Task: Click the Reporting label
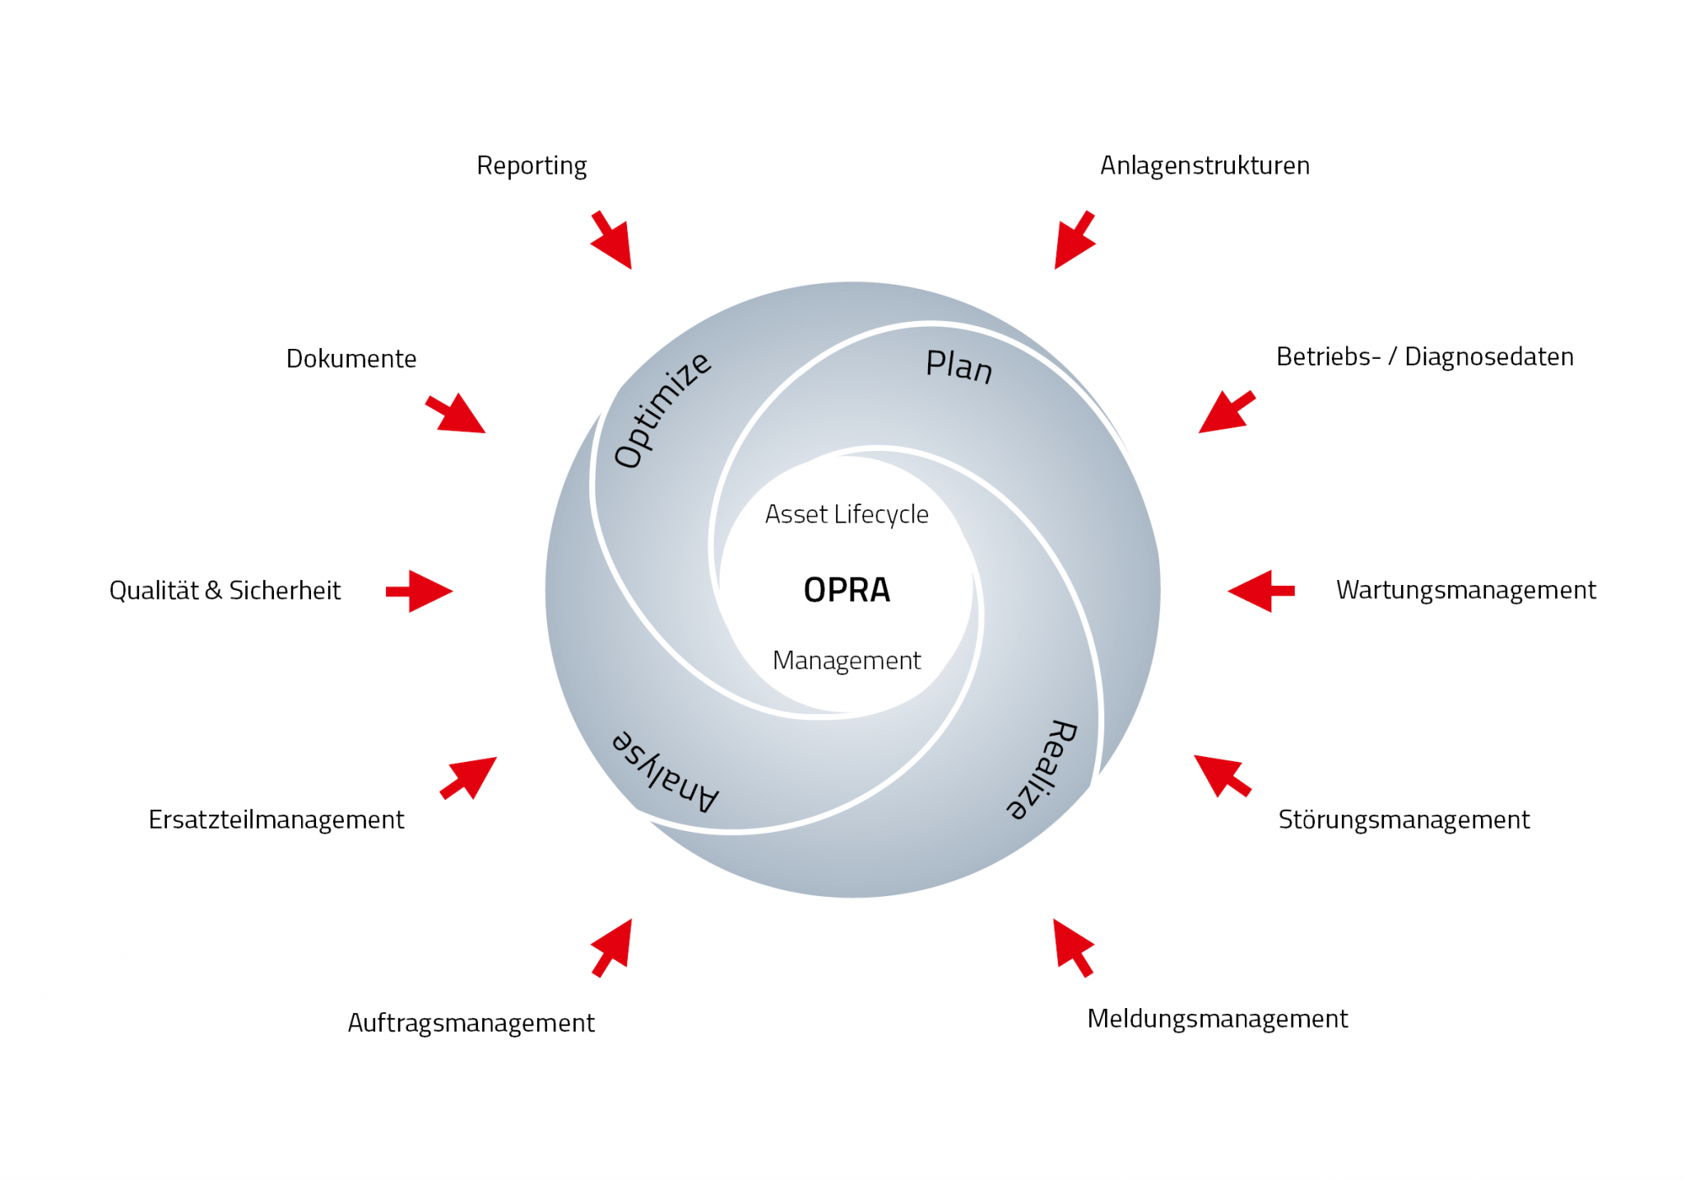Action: pos(531,166)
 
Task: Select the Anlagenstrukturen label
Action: pos(1205,165)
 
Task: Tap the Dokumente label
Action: pos(351,359)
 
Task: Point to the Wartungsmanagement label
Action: pos(1465,590)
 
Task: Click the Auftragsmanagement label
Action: pos(471,1023)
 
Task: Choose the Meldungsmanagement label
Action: pos(1217,1019)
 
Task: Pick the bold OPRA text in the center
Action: pos(847,590)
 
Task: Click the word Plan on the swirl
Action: pos(959,366)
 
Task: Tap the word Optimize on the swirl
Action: pos(662,409)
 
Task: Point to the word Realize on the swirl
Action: pos(1042,769)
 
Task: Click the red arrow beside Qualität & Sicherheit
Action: pos(420,591)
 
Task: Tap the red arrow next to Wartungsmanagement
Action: pos(1260,591)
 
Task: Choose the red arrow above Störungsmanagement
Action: pos(1221,775)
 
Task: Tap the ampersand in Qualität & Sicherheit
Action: pos(213,591)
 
